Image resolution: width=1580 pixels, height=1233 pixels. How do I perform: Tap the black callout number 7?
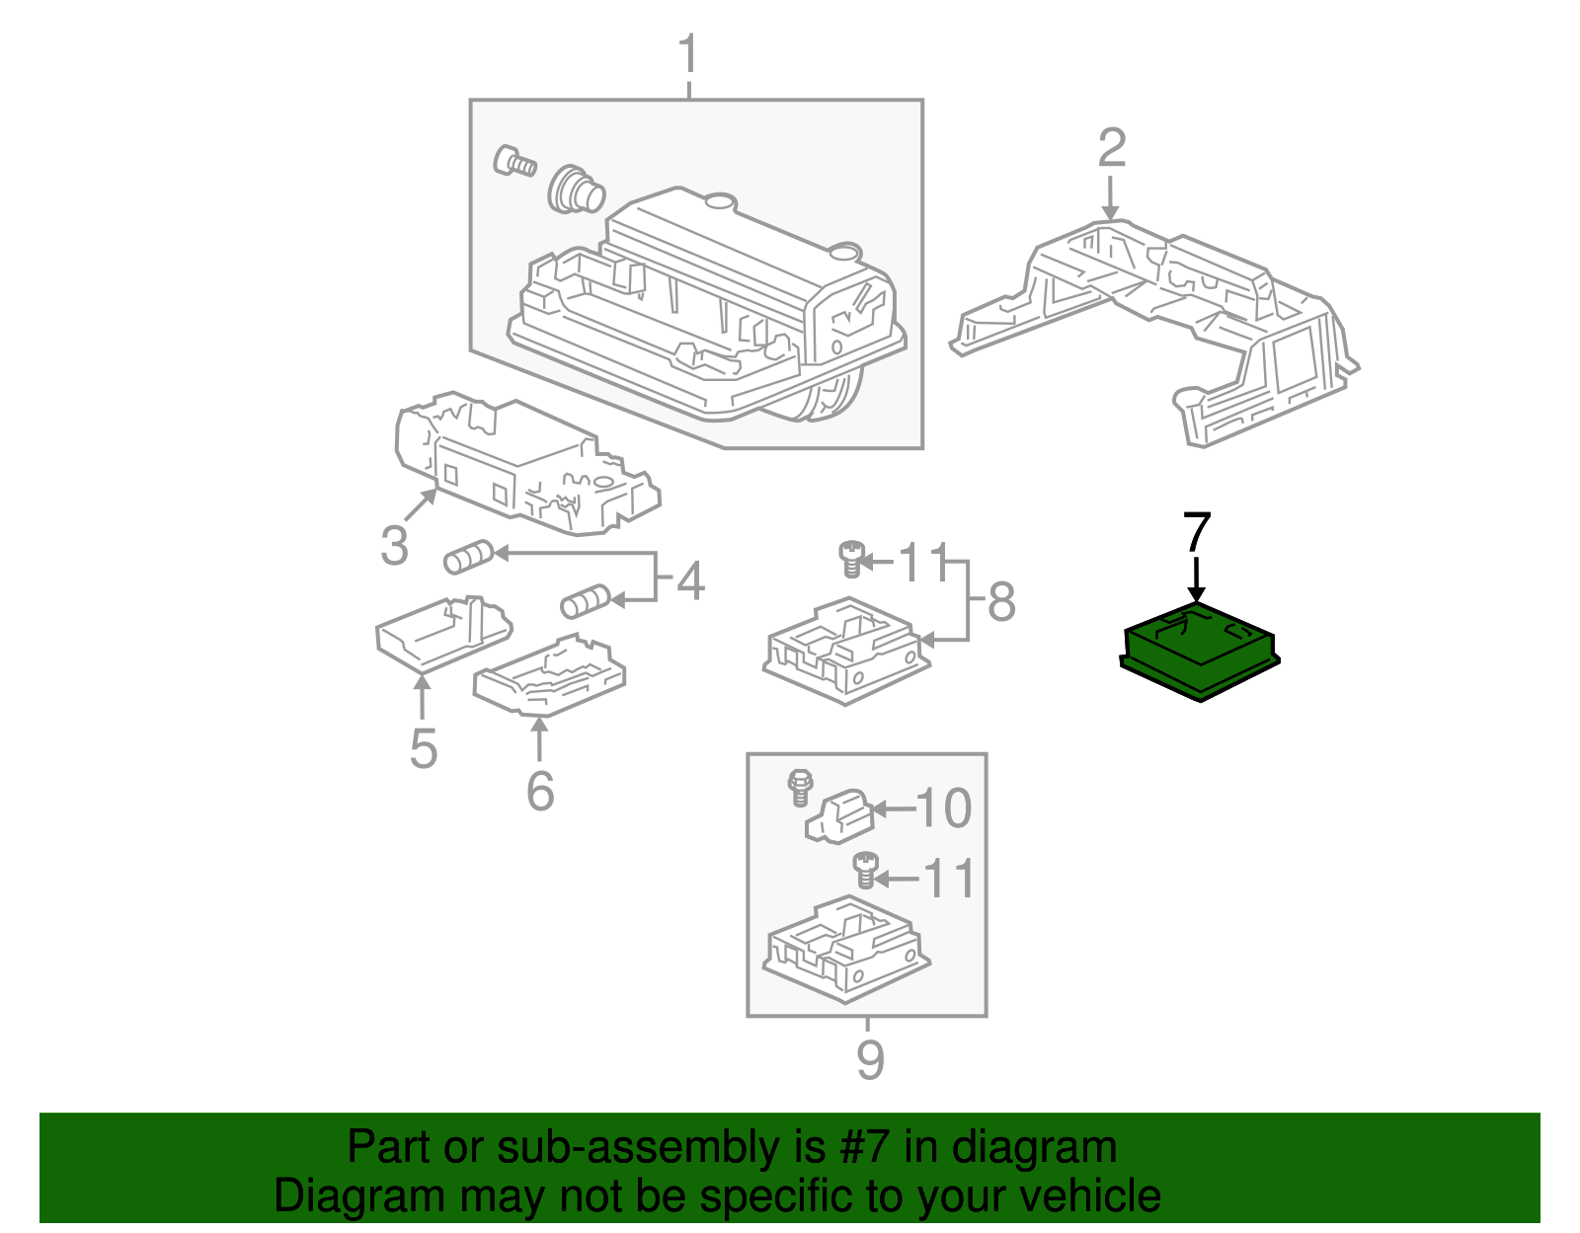[1196, 533]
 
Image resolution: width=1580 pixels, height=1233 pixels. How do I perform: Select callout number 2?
[1112, 148]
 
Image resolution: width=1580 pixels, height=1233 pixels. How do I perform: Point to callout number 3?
[394, 546]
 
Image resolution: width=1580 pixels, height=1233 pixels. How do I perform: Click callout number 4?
[691, 580]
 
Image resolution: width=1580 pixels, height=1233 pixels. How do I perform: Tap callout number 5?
[423, 748]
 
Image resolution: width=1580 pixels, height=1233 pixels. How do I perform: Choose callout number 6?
[539, 790]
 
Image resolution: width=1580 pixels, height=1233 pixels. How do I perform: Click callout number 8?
[1001, 601]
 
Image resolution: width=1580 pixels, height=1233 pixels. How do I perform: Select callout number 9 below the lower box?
[869, 1060]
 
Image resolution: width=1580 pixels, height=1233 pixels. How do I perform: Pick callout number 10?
[944, 809]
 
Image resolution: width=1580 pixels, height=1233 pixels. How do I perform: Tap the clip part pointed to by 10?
[840, 816]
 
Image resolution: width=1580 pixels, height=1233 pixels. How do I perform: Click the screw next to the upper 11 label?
[850, 559]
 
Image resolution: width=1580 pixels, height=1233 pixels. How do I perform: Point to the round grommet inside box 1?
[575, 189]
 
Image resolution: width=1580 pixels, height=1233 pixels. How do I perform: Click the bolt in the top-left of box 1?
[513, 160]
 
